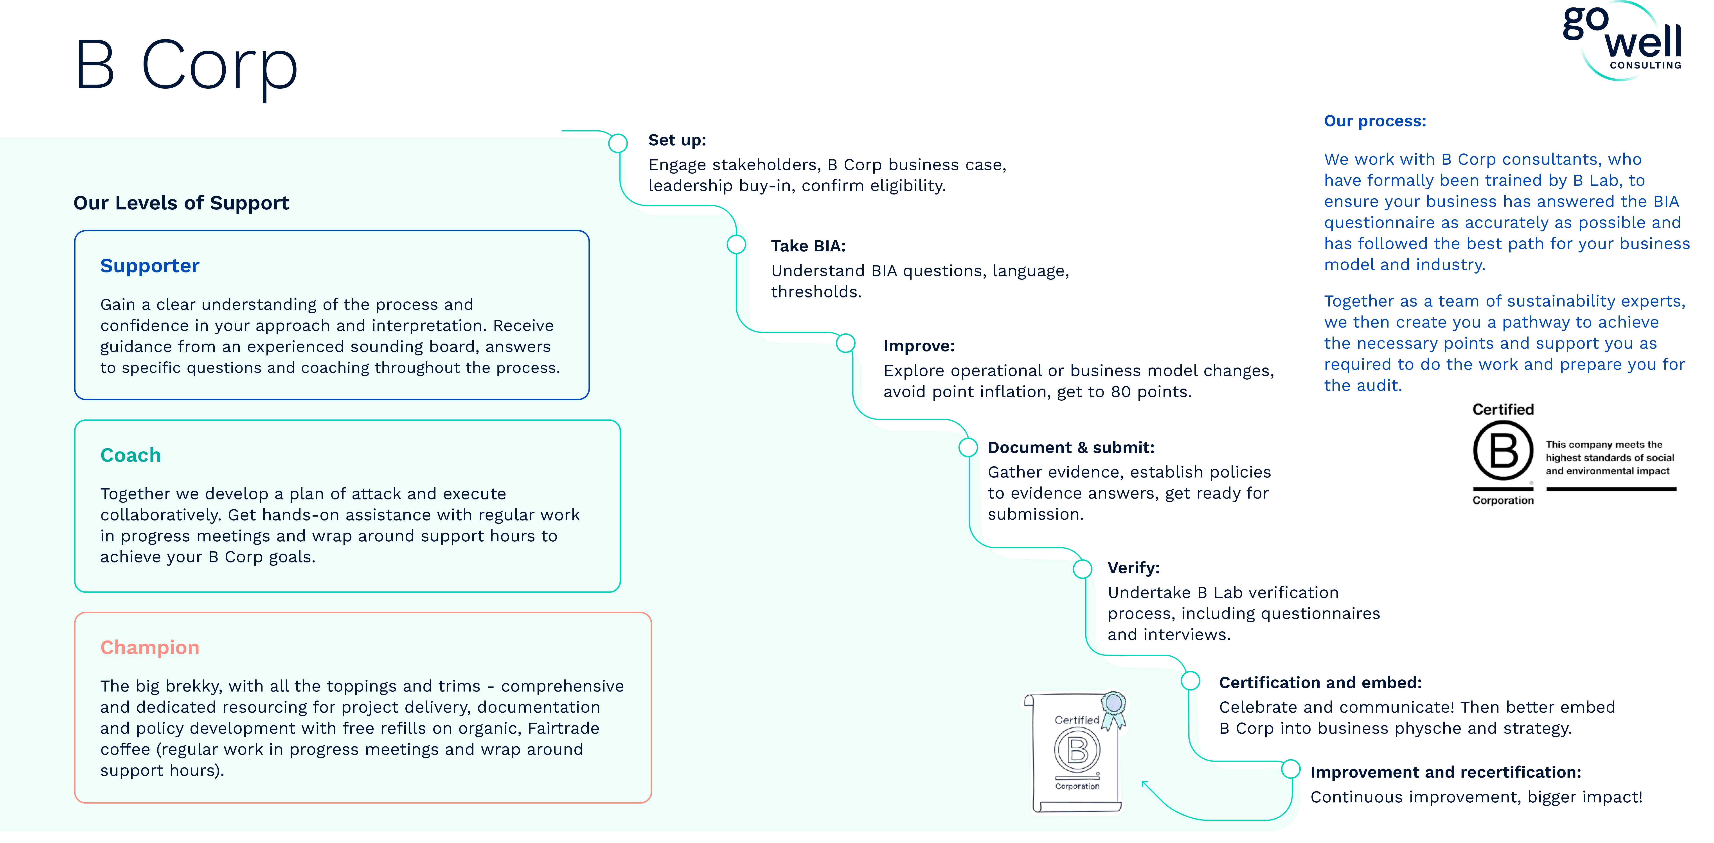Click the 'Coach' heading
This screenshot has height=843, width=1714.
[x=130, y=455]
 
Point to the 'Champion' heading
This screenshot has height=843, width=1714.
[x=150, y=647]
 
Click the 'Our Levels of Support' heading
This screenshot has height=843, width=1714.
[x=181, y=203]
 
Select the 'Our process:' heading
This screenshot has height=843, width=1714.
[x=1375, y=121]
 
